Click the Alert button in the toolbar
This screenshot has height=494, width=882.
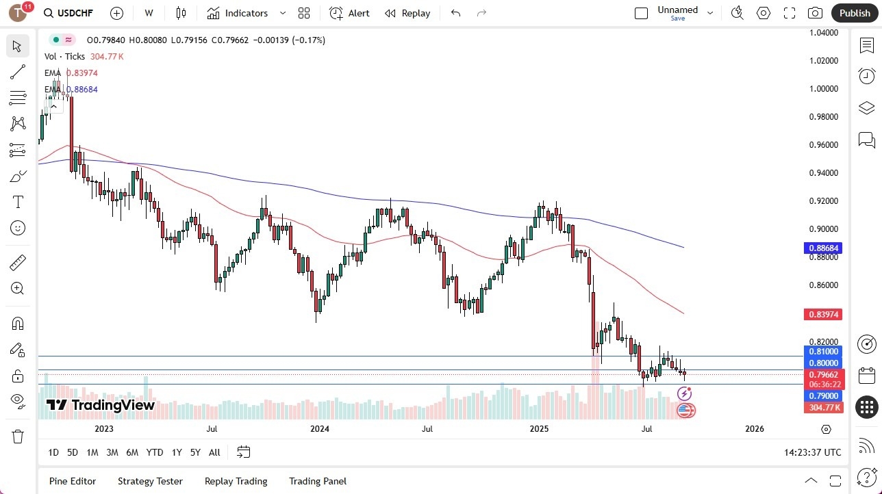click(x=349, y=13)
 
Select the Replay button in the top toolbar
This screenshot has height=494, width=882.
click(x=407, y=13)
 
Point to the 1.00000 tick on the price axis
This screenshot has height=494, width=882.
click(x=824, y=89)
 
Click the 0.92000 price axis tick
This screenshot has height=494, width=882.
click(x=824, y=201)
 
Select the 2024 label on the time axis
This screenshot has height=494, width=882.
click(x=320, y=429)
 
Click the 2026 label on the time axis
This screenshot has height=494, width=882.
click(x=754, y=429)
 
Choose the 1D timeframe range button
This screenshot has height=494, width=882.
click(x=53, y=452)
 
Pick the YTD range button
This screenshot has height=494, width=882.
click(x=155, y=452)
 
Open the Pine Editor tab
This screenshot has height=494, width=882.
click(x=73, y=481)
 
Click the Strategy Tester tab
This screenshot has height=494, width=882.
click(x=150, y=481)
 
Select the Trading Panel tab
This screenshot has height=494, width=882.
click(x=318, y=481)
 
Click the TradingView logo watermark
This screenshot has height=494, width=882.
click(x=100, y=405)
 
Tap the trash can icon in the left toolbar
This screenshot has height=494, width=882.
click(x=18, y=437)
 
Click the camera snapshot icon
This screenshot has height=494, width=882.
click(x=815, y=13)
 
